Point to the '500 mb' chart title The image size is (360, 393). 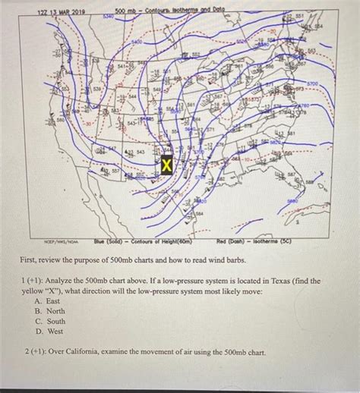[127, 11]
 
